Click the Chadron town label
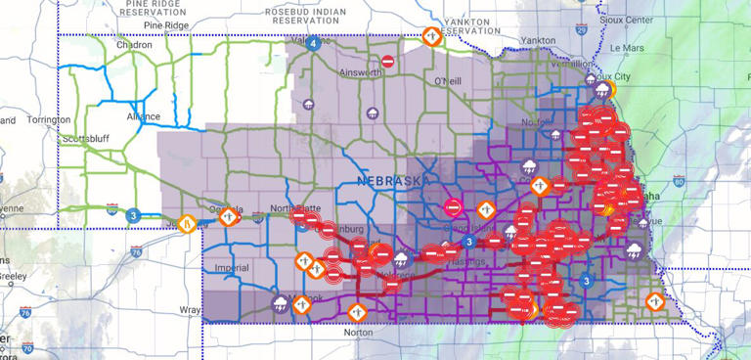[x=133, y=44]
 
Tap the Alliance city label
[x=144, y=115]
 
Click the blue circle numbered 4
[x=313, y=43]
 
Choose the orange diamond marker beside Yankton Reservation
[x=432, y=36]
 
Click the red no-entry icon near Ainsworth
[x=388, y=62]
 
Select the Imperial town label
[x=232, y=265]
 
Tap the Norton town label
[x=359, y=333]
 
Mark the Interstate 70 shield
[x=28, y=346]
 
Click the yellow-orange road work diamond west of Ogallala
[x=187, y=223]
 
